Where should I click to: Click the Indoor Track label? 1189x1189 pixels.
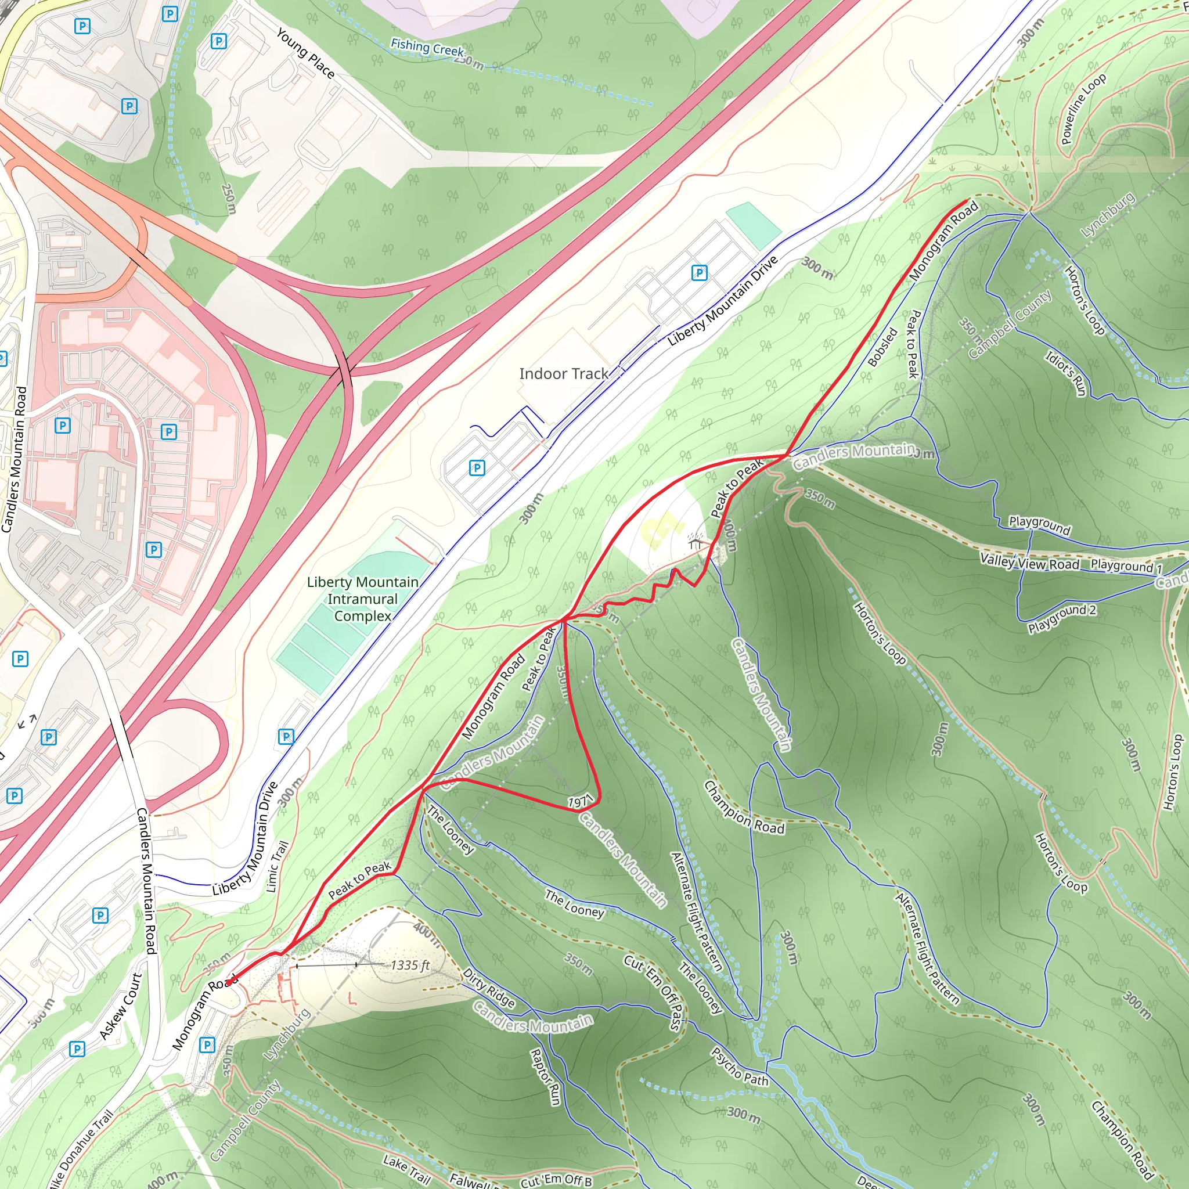point(563,373)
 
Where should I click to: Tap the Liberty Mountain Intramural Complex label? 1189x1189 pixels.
point(362,599)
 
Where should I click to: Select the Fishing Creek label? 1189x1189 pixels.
point(427,48)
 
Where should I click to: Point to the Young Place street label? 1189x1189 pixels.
point(305,53)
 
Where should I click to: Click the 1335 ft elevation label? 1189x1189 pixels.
point(410,965)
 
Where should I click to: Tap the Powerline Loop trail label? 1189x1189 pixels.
point(1083,109)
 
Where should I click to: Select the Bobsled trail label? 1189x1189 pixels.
point(882,347)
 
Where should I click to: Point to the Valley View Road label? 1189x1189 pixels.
point(1029,561)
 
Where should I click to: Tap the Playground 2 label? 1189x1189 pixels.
point(1062,618)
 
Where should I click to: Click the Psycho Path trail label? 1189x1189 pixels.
point(740,1067)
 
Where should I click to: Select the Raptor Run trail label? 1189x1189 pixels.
point(546,1076)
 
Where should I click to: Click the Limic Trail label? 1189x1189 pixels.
point(278,867)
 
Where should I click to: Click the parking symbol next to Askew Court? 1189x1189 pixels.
point(77,1049)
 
